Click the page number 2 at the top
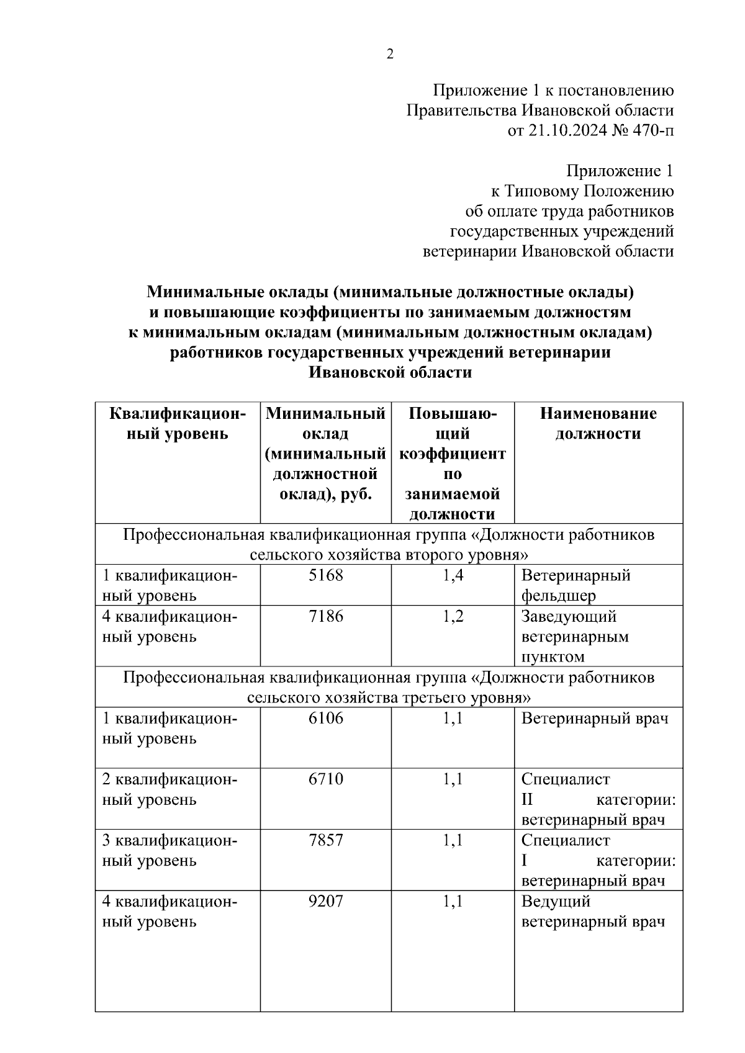click(389, 55)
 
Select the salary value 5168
click(325, 575)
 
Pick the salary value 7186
click(325, 616)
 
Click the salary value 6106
click(325, 718)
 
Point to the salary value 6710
click(325, 779)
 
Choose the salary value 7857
click(325, 840)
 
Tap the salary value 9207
click(325, 901)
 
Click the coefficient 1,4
click(453, 575)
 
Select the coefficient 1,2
click(453, 616)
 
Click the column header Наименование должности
click(598, 423)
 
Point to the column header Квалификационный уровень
click(178, 423)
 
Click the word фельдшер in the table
click(558, 596)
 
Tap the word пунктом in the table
click(553, 656)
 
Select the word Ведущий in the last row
click(556, 901)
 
